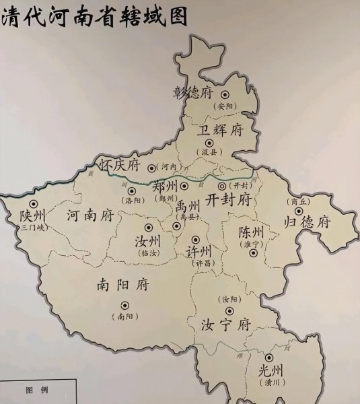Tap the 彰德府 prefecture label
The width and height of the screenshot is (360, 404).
(193, 92)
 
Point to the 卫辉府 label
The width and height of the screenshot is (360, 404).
(221, 129)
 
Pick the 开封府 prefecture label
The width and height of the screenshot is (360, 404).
(228, 199)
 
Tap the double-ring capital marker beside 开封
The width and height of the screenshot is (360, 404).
(222, 186)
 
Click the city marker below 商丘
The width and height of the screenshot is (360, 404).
(298, 211)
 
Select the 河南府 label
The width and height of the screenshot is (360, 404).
(90, 216)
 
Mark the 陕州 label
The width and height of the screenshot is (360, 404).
(32, 216)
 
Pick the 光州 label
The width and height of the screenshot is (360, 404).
(271, 370)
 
